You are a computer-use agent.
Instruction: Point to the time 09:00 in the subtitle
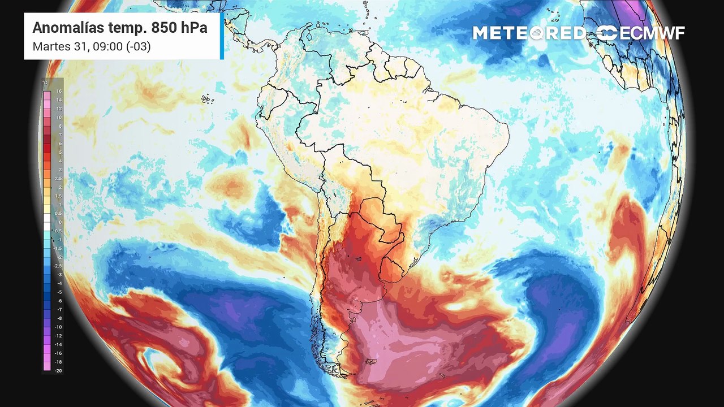[104, 46]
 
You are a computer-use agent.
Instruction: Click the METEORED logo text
[529, 33]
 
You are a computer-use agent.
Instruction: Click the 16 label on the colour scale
[59, 92]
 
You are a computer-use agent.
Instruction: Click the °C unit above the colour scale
[45, 83]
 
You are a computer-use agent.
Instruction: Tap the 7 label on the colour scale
[60, 135]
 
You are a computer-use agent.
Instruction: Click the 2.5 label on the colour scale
[59, 179]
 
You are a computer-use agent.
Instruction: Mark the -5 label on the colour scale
[59, 292]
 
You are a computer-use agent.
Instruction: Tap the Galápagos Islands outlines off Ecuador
[208, 99]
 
